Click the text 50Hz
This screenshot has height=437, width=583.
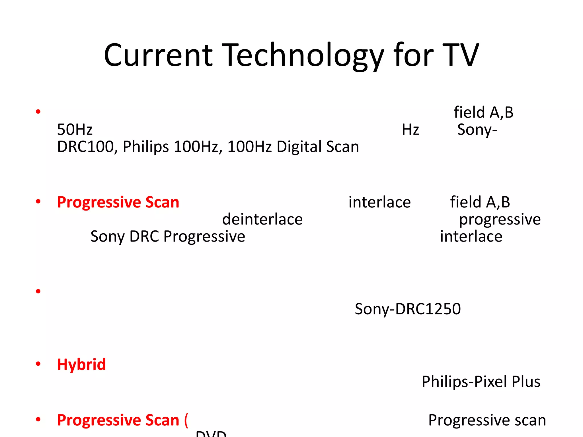(x=75, y=129)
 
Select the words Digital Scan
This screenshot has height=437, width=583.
(x=318, y=147)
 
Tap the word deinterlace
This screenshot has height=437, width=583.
(x=262, y=219)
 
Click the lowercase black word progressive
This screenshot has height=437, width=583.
(x=500, y=219)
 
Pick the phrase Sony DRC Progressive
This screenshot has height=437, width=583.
(x=168, y=236)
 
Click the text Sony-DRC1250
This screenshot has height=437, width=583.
(x=408, y=309)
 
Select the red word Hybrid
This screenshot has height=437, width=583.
(x=81, y=364)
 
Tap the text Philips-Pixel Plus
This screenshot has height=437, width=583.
(x=481, y=382)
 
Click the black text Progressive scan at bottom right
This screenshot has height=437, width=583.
(x=487, y=420)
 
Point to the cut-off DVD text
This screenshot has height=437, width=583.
(x=211, y=434)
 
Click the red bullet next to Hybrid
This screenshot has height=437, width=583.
(x=38, y=364)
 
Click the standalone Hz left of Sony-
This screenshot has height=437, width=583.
(x=410, y=130)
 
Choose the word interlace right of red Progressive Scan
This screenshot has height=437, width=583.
(x=379, y=202)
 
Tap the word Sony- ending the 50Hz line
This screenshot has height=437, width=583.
(x=477, y=130)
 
